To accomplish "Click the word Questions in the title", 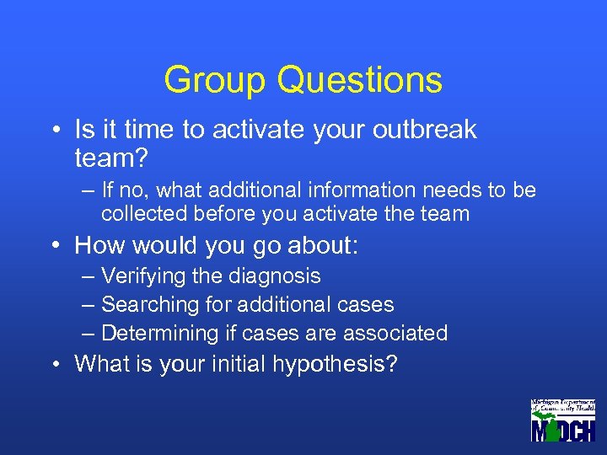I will click(x=358, y=80).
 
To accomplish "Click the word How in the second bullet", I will click(x=97, y=246).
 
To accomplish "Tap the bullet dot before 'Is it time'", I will click(x=54, y=131).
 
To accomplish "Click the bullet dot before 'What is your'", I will click(x=54, y=364).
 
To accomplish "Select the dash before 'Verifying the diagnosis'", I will click(x=89, y=276).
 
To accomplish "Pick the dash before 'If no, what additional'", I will click(x=89, y=190).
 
